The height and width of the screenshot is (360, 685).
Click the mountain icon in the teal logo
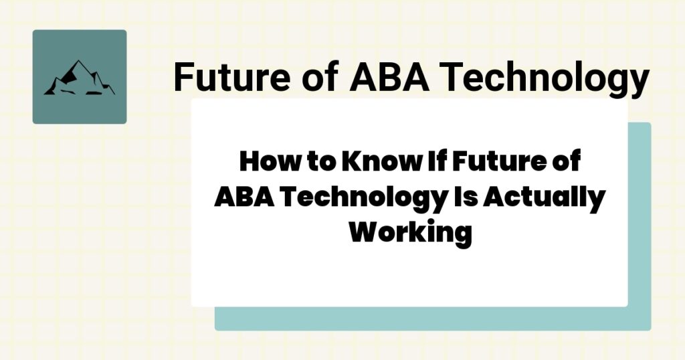tap(79, 78)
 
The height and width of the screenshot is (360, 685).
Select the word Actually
tap(544, 199)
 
